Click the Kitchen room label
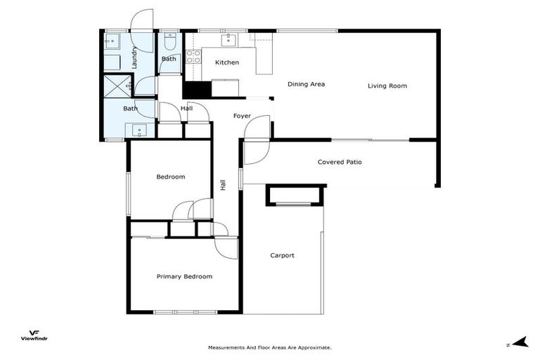226,63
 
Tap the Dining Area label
306,84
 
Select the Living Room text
387,86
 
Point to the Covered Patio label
340,162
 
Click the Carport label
282,255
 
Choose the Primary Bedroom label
184,276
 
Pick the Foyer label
242,116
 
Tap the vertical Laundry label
134,58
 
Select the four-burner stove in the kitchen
193,57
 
